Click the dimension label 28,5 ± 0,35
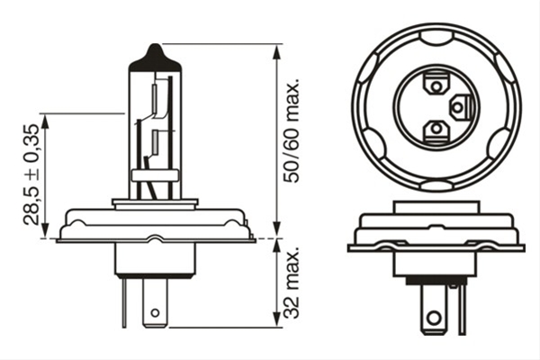pos(31,175)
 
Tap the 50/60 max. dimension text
pos(291,131)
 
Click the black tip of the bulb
pos(155,58)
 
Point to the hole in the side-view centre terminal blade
pos(155,313)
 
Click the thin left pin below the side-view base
pos(124,302)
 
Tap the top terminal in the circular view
pos(436,84)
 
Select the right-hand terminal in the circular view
pos(461,107)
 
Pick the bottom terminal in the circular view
pos(436,130)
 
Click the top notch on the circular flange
pos(436,37)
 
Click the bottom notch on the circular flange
pos(436,185)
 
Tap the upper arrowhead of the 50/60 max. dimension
pos(276,51)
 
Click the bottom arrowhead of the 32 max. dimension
pos(276,319)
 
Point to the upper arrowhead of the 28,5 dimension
pos(45,121)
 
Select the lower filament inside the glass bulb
pos(155,142)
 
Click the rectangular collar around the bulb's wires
pos(155,175)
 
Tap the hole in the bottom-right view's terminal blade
pos(434,317)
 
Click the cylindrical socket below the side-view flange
pos(155,259)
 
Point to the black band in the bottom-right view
pos(435,281)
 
